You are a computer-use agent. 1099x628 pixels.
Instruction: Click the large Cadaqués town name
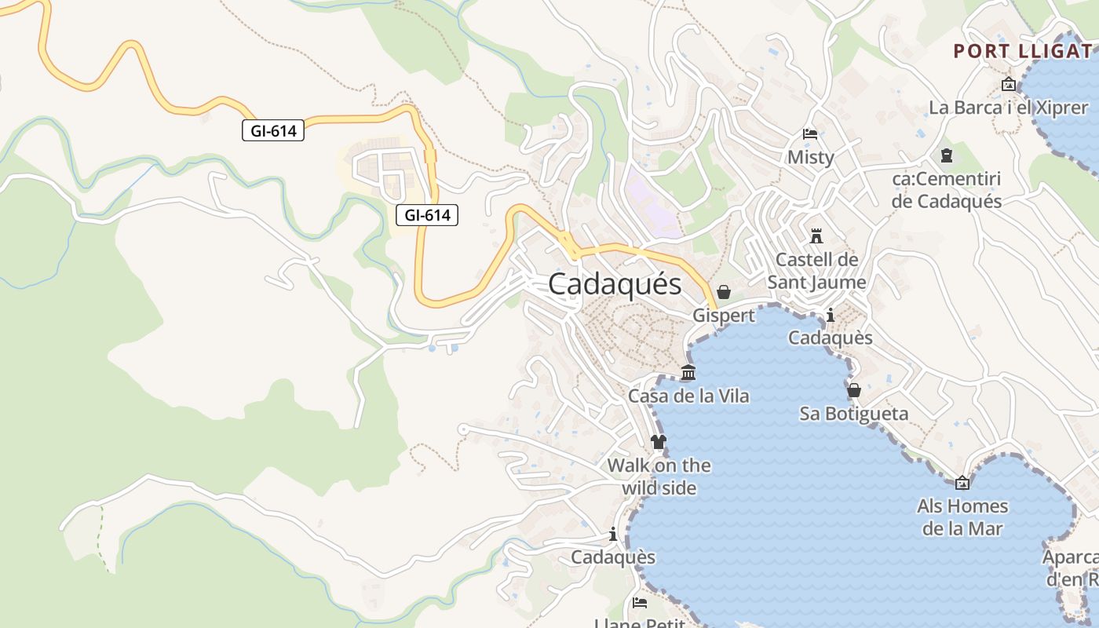point(615,284)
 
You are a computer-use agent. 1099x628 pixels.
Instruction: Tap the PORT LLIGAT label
point(1022,52)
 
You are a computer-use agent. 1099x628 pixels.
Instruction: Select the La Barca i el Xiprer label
point(1008,108)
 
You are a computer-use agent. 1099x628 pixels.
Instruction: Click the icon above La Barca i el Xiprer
point(1009,84)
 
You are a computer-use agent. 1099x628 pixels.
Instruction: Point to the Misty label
point(810,157)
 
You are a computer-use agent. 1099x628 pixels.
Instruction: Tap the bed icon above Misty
point(810,134)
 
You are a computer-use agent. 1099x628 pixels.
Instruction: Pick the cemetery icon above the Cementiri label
point(946,156)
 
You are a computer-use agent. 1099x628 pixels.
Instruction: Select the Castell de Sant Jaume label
point(816,271)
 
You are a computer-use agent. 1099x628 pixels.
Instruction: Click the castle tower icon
point(816,235)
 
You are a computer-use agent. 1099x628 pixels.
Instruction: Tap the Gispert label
point(723,316)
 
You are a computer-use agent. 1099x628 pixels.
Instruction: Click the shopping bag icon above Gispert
point(724,292)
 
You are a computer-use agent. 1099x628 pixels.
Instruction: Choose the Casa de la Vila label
point(688,396)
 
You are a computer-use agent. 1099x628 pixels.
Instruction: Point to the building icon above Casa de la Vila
point(688,372)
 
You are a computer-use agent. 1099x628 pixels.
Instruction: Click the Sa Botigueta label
point(853,414)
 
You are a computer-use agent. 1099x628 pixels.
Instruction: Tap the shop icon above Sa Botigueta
point(854,390)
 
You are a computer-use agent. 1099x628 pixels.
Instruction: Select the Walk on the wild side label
point(659,476)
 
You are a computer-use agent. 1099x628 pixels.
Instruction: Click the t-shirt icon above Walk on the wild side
point(659,442)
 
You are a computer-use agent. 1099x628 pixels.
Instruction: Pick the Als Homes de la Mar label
point(962,517)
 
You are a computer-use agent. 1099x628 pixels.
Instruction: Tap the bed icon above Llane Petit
point(640,603)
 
